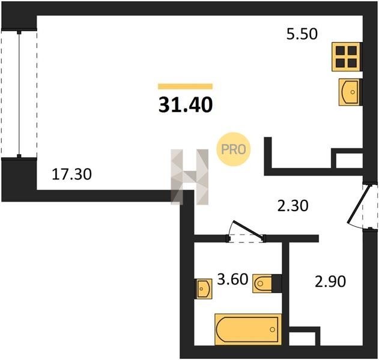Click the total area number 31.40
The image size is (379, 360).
186,105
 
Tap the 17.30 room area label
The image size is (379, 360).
72,175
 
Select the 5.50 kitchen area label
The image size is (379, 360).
302,34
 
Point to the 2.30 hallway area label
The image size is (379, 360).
293,206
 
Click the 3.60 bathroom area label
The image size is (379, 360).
232,279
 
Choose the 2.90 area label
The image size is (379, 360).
330,281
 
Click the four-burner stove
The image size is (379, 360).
346,57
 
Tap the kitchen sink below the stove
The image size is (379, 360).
350,92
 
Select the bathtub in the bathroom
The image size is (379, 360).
248,329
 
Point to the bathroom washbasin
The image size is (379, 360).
204,289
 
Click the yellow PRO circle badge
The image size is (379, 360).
234,149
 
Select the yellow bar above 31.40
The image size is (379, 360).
185,86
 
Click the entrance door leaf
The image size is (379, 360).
359,204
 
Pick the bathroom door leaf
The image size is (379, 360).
247,229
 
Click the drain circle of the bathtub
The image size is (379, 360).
273,329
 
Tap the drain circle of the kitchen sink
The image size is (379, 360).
353,92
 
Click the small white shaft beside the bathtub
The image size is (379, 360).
302,339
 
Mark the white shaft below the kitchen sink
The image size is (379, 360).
350,161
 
